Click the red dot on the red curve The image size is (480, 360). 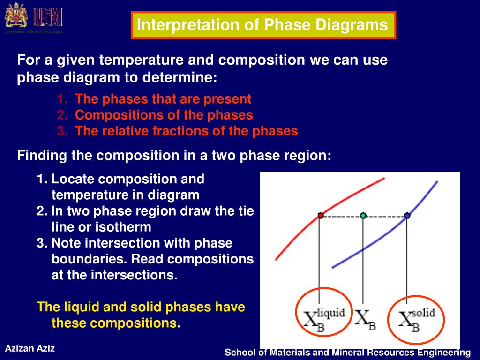[x=321, y=216]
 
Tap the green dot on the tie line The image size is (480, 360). [x=363, y=216]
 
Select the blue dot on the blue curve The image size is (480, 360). [x=407, y=216]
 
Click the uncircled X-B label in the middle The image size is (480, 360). [x=365, y=320]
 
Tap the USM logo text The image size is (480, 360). [x=48, y=17]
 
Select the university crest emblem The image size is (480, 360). [x=15, y=17]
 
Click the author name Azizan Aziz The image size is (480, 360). [x=30, y=348]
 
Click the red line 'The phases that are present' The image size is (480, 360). [x=163, y=99]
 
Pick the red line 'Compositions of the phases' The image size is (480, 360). [x=164, y=115]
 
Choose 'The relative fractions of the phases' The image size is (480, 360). [x=186, y=131]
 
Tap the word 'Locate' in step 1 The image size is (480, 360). [x=73, y=179]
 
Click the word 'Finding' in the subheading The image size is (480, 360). [x=43, y=156]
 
